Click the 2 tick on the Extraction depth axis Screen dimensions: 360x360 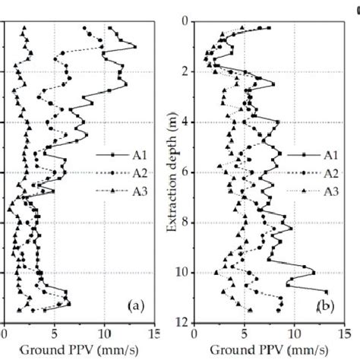tap(185, 71)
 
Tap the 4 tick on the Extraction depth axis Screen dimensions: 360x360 tap(185, 122)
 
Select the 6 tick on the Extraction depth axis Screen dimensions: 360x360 tap(185, 172)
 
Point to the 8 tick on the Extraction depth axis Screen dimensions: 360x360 tap(185, 223)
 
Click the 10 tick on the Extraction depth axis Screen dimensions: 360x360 tap(183, 273)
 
